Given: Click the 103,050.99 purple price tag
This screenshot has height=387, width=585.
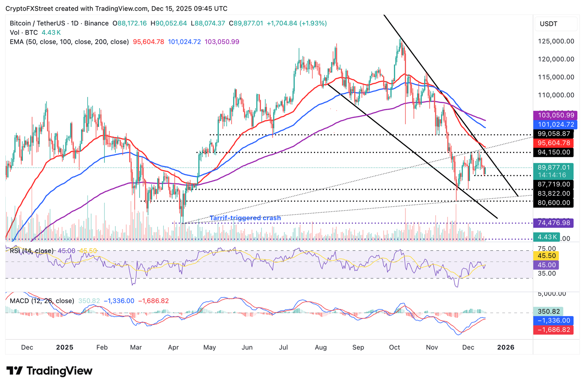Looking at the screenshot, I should pyautogui.click(x=556, y=115).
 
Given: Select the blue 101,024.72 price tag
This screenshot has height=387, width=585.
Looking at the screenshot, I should pyautogui.click(x=556, y=124).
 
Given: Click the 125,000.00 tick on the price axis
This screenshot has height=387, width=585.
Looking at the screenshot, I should pyautogui.click(x=556, y=41).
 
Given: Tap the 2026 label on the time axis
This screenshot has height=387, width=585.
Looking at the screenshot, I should pyautogui.click(x=506, y=347).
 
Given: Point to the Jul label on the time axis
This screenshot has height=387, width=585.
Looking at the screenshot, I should pyautogui.click(x=283, y=347).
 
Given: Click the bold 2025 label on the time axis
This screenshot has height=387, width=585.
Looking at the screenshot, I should pyautogui.click(x=64, y=347).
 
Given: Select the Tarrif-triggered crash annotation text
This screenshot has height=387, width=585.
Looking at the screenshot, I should pyautogui.click(x=245, y=218).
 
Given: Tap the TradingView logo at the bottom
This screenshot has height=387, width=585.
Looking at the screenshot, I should pyautogui.click(x=50, y=371).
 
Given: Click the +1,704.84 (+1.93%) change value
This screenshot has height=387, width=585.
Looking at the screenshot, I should pyautogui.click(x=297, y=23).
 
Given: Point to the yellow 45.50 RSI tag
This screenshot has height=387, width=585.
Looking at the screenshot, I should pyautogui.click(x=547, y=256).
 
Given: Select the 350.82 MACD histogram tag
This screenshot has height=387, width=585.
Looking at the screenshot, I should pyautogui.click(x=548, y=311).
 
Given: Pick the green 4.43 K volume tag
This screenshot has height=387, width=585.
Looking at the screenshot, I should pyautogui.click(x=546, y=237).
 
